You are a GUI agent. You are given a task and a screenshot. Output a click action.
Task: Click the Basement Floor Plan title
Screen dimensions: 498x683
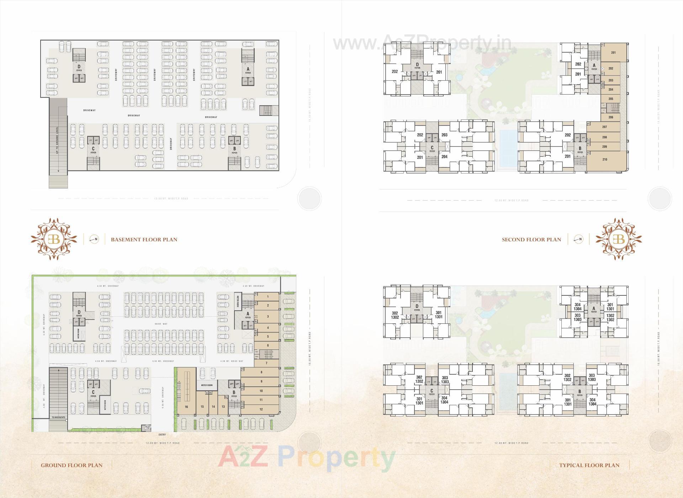[144, 240]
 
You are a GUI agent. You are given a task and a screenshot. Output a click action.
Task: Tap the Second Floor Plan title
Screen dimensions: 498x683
[531, 240]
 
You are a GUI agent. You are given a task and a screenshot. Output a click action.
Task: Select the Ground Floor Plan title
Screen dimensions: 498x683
[72, 465]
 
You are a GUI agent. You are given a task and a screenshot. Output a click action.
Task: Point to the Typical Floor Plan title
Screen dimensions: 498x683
[589, 465]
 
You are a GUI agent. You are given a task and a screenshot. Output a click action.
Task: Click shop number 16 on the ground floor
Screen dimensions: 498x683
[186, 407]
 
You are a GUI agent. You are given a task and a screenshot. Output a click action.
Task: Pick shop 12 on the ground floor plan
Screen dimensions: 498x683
[261, 409]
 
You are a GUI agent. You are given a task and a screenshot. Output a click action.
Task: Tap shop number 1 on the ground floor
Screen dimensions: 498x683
[268, 296]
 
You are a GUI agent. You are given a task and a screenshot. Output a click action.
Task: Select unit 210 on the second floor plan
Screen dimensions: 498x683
[605, 160]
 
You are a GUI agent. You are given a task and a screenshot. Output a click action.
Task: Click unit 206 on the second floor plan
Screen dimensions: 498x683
[611, 117]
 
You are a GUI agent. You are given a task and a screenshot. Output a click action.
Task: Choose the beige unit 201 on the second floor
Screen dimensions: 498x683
[613, 53]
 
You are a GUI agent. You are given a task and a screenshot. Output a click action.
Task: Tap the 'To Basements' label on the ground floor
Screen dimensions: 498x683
[58, 417]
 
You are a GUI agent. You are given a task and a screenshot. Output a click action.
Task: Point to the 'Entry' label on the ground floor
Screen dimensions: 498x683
[162, 434]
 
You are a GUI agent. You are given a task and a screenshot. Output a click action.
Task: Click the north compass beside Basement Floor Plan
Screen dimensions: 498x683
[94, 239]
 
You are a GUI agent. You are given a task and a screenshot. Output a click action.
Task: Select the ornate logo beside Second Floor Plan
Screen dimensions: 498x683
[619, 239]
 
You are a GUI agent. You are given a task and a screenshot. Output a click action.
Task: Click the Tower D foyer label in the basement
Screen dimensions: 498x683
[79, 68]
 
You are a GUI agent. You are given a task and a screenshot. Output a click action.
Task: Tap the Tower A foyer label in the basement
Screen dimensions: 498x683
[248, 70]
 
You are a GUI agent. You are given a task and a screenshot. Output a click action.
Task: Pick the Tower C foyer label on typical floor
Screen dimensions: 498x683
[432, 392]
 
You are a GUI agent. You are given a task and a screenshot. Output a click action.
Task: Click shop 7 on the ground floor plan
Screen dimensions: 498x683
[266, 363]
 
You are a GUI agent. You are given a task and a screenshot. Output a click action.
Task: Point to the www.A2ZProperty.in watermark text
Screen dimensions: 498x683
[422, 43]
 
